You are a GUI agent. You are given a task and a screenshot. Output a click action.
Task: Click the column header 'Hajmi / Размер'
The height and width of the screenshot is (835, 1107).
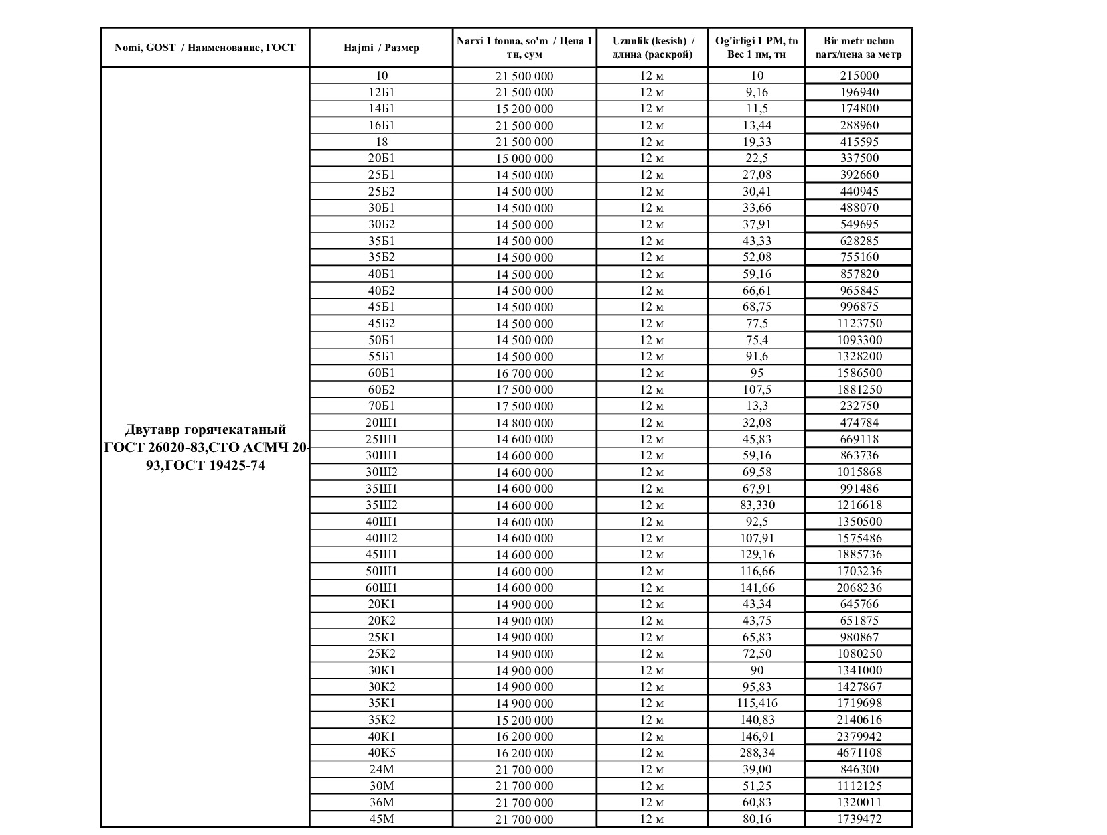point(381,48)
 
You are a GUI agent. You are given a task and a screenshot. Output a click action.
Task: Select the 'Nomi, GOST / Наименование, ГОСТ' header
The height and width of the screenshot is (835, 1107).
point(205,48)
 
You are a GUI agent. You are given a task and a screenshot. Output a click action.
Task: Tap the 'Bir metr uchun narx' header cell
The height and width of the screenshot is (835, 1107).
point(859,48)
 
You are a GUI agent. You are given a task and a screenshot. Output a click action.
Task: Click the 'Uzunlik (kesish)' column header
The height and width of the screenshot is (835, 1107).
point(652,48)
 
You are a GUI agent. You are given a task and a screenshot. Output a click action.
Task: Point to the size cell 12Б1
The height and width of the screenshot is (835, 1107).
point(382,92)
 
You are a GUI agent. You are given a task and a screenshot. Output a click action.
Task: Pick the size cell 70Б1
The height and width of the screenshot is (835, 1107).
point(382,406)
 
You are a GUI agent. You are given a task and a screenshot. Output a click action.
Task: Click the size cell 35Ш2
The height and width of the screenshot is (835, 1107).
point(382,506)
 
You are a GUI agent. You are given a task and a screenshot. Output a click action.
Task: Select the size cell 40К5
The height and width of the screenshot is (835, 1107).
point(382,753)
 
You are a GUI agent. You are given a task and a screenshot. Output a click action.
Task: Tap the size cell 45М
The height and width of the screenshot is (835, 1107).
point(382,819)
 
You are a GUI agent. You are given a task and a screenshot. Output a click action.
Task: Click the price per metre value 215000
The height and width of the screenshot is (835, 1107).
point(859,76)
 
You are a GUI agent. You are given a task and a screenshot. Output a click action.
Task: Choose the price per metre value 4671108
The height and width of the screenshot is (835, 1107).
point(859,753)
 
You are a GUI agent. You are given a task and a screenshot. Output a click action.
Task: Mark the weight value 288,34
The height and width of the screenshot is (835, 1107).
point(757,753)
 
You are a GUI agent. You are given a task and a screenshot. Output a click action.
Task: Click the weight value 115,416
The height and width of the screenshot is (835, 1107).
point(757,704)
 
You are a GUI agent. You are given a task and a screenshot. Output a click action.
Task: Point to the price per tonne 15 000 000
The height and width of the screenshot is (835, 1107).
point(524,159)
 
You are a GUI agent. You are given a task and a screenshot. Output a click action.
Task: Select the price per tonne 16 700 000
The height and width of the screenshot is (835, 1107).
point(524,374)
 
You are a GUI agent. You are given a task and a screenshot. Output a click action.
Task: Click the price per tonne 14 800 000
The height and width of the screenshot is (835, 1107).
point(524,423)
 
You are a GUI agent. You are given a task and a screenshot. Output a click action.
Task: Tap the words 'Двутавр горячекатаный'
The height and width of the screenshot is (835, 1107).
point(206,430)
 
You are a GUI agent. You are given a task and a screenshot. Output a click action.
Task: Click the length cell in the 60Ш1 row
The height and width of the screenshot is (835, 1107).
point(652,588)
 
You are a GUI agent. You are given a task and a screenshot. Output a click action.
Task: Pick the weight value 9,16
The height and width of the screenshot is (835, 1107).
point(757,92)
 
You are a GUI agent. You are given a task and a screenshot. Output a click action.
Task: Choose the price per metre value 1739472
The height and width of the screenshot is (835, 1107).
point(859,819)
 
